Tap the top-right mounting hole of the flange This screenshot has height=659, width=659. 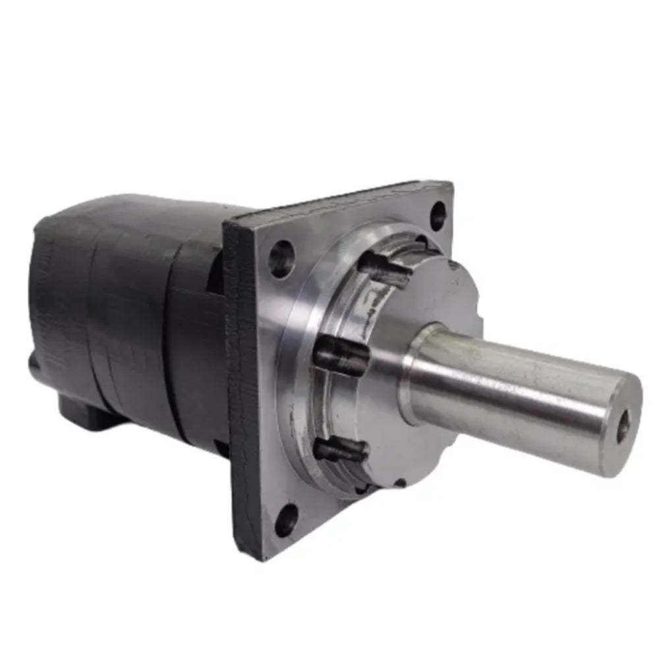click(x=438, y=214)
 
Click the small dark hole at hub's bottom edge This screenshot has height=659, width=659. click(x=400, y=483)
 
